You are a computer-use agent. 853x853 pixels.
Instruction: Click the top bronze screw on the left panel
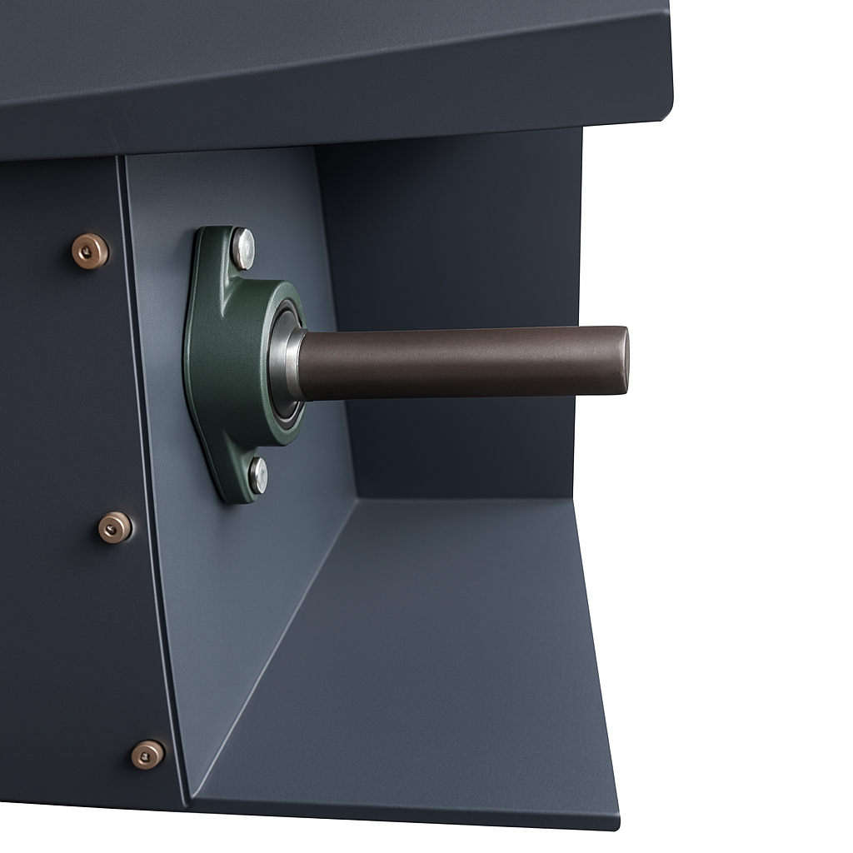point(89,251)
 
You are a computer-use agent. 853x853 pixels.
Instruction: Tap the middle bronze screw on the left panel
point(114,527)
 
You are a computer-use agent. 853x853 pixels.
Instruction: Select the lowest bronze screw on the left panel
point(147,755)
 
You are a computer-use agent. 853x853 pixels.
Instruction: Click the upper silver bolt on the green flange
point(243,247)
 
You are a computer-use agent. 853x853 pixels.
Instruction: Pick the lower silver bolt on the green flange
point(258,476)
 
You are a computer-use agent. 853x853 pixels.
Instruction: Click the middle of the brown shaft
point(458,362)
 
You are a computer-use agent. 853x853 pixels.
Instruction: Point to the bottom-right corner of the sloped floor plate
point(616,826)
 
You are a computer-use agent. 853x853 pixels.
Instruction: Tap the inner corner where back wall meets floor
point(357,498)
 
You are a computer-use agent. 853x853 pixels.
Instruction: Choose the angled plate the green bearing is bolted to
point(250,583)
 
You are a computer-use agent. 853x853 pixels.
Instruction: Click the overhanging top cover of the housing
point(333,67)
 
